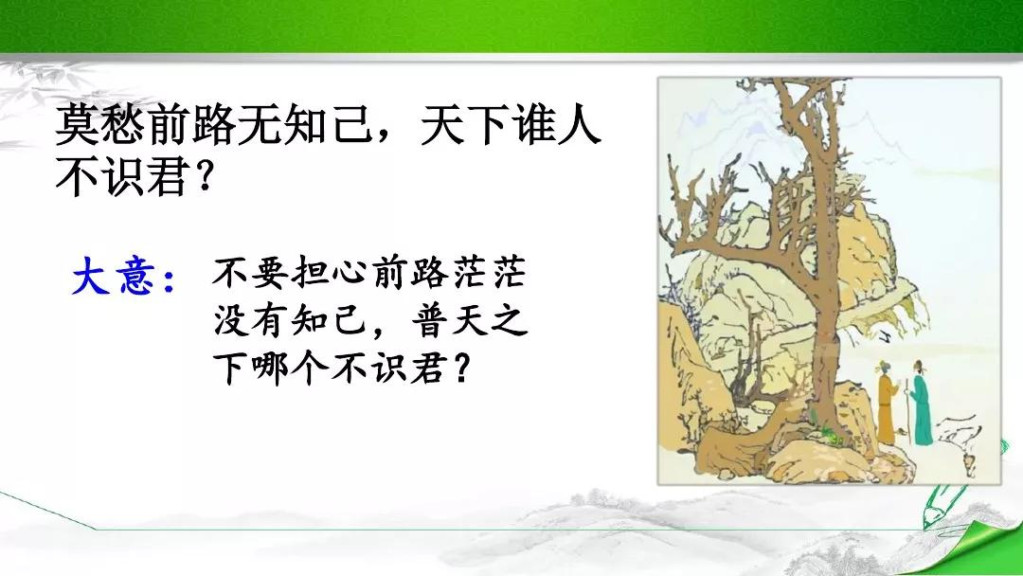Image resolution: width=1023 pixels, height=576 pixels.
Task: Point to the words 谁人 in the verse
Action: [x=557, y=125]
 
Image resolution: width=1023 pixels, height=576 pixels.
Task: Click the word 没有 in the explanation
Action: [x=252, y=321]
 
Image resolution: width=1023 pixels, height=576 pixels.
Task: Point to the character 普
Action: [x=430, y=321]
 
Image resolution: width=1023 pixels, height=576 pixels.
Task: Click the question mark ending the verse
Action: [x=205, y=176]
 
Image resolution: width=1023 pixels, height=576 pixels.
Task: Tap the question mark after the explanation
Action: [x=460, y=369]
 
